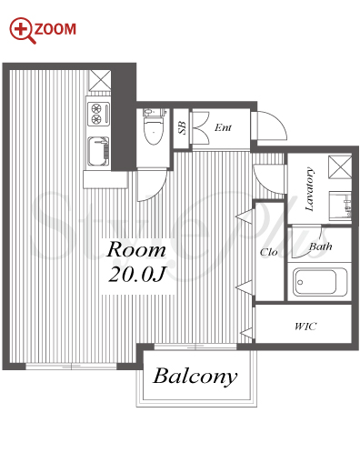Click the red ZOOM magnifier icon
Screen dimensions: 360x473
[21, 30]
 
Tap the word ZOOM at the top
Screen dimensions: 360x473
[55, 29]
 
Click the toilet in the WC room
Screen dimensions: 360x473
[154, 126]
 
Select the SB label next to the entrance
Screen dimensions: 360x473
[182, 127]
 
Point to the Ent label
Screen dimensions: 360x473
[223, 127]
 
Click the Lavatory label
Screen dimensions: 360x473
[309, 189]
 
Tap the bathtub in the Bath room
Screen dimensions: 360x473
[320, 282]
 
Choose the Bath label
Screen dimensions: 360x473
[321, 247]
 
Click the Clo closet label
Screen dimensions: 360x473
[268, 252]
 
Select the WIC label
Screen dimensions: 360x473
[305, 327]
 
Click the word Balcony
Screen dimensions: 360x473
[195, 377]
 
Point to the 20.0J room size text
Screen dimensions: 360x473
[136, 275]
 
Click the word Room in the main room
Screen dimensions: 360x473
[136, 249]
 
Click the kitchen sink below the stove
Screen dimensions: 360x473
[98, 151]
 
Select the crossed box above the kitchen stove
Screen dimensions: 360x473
[100, 80]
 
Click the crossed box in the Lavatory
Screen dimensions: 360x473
[340, 166]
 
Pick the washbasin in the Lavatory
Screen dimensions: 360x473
[340, 206]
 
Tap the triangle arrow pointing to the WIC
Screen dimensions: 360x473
[246, 333]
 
